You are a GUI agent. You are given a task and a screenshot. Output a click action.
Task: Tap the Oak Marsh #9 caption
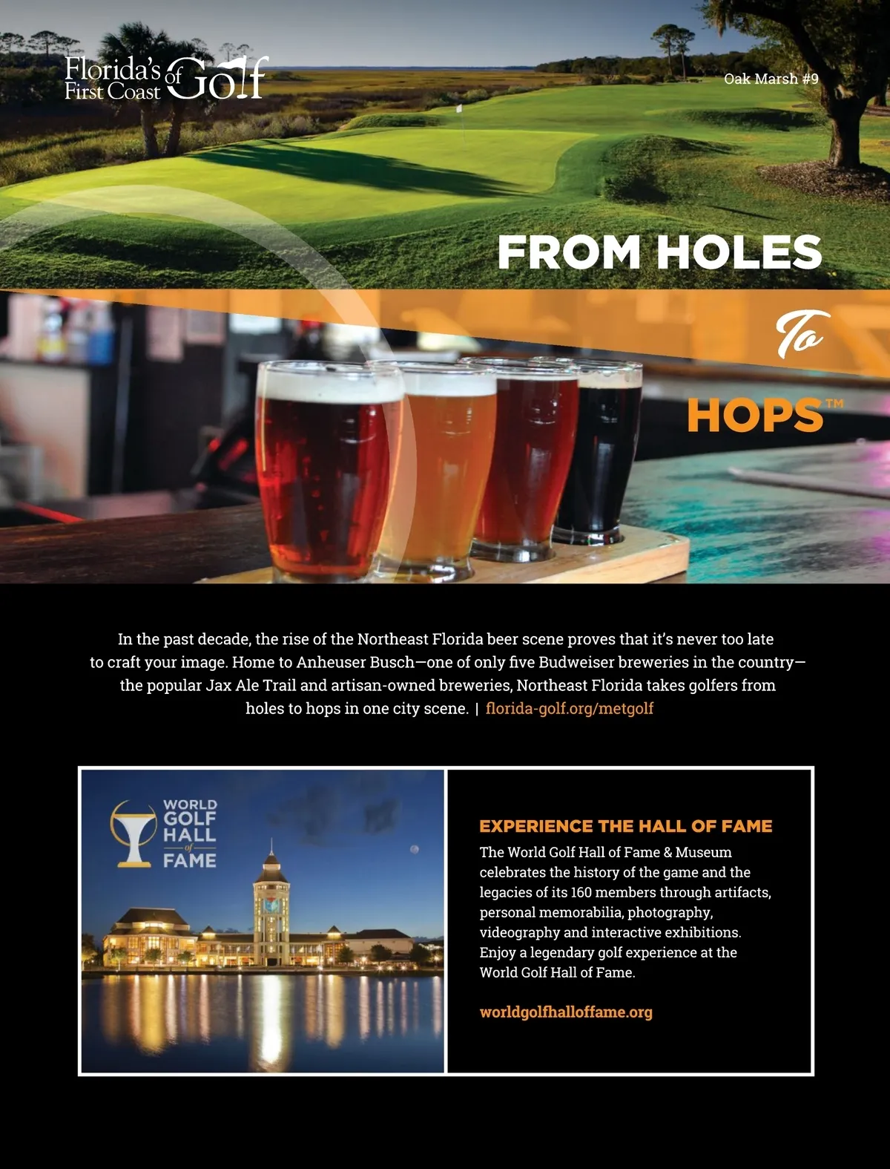[x=771, y=79]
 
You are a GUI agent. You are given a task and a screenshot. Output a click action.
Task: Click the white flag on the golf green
[x=459, y=109]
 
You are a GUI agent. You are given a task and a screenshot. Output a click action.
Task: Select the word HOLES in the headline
[x=739, y=252]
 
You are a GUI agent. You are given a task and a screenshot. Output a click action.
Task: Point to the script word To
[x=800, y=335]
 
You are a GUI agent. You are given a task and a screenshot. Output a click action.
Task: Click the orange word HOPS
[x=754, y=416]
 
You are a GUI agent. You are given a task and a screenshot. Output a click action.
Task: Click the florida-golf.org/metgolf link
[x=569, y=709]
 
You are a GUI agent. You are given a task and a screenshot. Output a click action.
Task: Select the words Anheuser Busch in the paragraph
[x=355, y=662]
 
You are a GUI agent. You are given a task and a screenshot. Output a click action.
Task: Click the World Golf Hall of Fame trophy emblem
[x=134, y=834]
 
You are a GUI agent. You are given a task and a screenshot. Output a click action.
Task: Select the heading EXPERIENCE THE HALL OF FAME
[x=625, y=826]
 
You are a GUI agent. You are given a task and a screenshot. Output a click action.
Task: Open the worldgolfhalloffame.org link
[x=566, y=1012]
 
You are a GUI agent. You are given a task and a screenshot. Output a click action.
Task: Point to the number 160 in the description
[x=581, y=892]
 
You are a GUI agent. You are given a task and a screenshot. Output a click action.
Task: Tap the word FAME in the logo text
[x=190, y=861]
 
